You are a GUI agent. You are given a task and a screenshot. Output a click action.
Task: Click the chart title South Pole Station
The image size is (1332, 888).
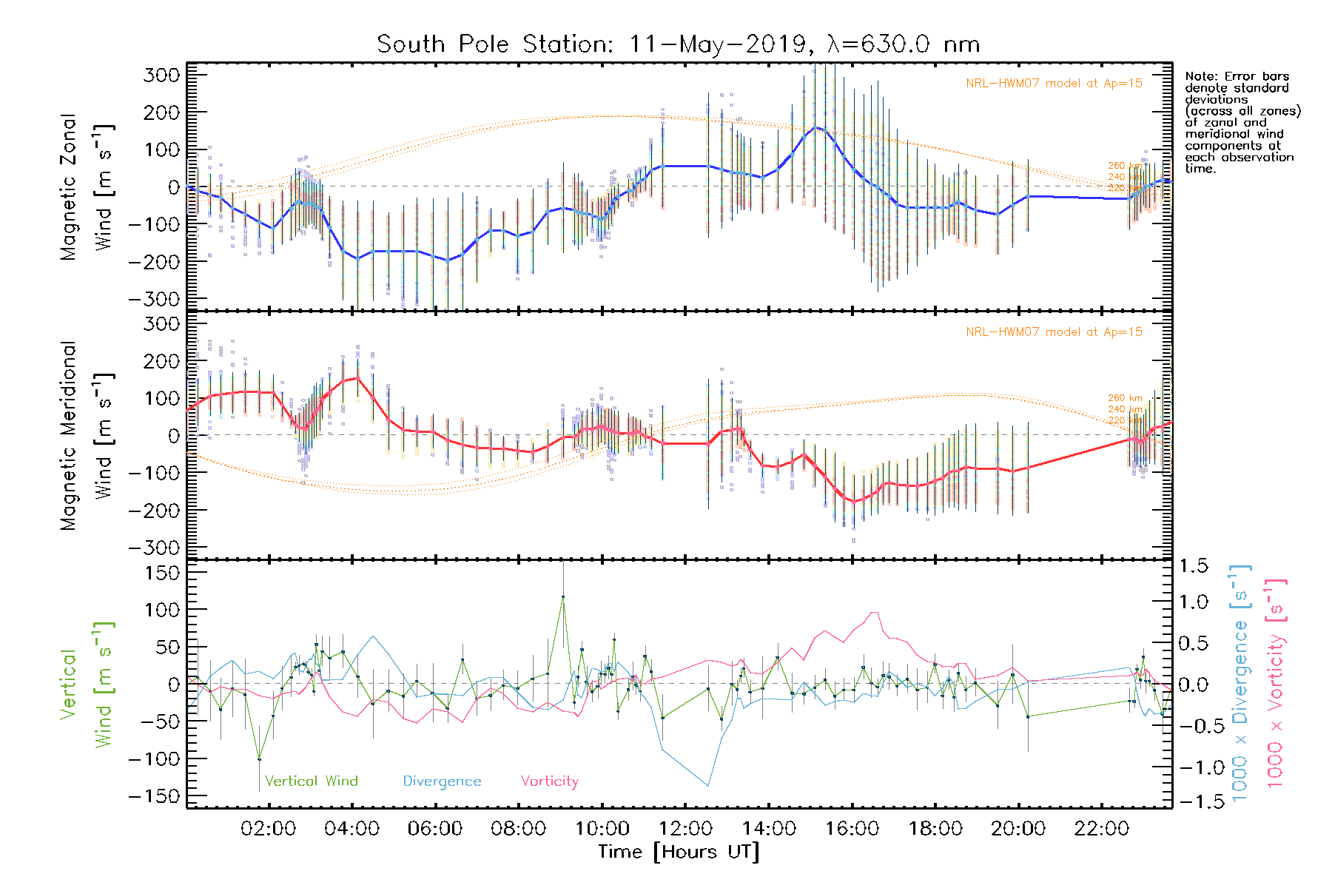tap(678, 44)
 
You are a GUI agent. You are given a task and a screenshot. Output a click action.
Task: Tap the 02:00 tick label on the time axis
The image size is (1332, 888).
tap(268, 829)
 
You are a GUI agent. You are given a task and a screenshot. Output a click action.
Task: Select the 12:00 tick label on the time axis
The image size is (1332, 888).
tap(685, 829)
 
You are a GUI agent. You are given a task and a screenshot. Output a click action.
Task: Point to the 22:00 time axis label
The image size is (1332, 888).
tap(1102, 829)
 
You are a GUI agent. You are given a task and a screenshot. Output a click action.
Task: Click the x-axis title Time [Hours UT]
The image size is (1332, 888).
tap(679, 852)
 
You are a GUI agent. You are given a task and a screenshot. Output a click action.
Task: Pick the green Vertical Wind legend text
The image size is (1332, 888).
tap(311, 781)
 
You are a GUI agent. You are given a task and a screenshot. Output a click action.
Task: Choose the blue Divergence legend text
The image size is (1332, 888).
tap(442, 781)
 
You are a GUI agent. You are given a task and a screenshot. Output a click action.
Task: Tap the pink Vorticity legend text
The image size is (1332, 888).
tap(549, 781)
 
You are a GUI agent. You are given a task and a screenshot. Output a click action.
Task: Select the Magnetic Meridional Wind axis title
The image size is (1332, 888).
tap(87, 435)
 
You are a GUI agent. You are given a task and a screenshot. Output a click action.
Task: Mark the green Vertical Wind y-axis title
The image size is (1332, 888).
tap(87, 684)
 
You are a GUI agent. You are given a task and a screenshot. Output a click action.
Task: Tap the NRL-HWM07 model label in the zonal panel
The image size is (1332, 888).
tap(1054, 84)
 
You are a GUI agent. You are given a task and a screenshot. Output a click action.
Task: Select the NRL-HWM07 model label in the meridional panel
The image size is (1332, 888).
tap(1054, 332)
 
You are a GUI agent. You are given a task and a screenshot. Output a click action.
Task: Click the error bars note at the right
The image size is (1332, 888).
tap(1242, 123)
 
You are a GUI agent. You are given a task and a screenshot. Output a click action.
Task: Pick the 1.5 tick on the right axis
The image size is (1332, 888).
tap(1194, 566)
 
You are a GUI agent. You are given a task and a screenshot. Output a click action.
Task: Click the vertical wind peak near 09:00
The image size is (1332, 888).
tap(563, 596)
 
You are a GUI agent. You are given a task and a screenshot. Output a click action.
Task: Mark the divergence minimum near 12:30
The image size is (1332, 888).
tap(708, 786)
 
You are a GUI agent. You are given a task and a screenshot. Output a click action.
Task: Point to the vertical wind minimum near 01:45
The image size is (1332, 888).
tap(259, 759)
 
